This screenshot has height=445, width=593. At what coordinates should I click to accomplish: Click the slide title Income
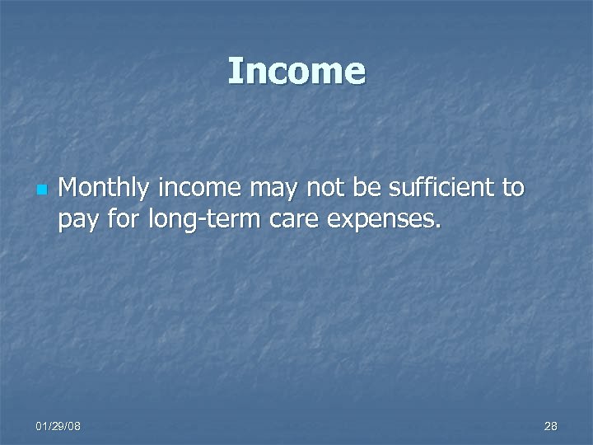point(296,71)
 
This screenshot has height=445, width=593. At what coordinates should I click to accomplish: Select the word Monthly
point(105,189)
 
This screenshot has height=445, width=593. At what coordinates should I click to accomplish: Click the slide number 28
point(550,426)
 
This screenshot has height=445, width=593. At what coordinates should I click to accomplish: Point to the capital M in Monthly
point(70,189)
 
